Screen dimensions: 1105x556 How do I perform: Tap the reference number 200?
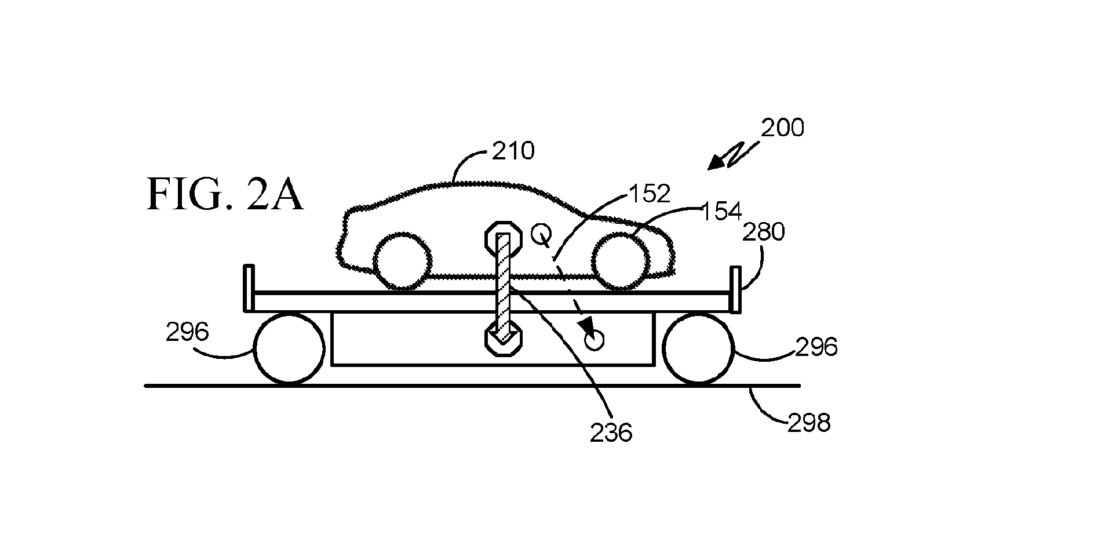pyautogui.click(x=782, y=128)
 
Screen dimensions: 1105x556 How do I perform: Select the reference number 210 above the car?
pyautogui.click(x=513, y=151)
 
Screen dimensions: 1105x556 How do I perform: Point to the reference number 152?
pyautogui.click(x=649, y=194)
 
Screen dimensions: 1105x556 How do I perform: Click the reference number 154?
pyautogui.click(x=721, y=212)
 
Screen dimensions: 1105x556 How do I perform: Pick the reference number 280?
pyautogui.click(x=764, y=232)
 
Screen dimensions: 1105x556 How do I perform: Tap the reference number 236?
pyautogui.click(x=611, y=433)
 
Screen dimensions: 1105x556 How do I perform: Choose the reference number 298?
pyautogui.click(x=809, y=423)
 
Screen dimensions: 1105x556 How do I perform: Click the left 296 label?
pyautogui.click(x=187, y=332)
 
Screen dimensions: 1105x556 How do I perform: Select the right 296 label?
pyautogui.click(x=816, y=347)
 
